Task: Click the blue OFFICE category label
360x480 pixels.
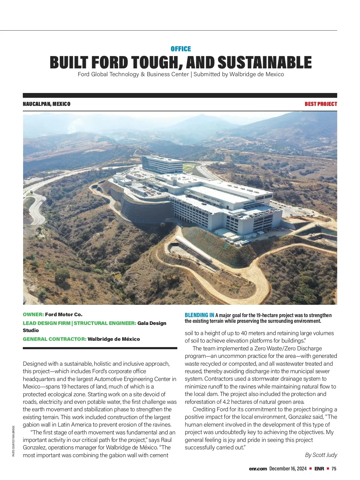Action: point(181,49)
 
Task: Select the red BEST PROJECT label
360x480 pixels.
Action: point(321,104)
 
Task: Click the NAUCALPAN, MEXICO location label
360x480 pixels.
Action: point(46,104)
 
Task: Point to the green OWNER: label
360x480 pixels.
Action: point(33,314)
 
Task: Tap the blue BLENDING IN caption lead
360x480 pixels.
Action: point(199,315)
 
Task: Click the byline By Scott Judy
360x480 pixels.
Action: point(321,455)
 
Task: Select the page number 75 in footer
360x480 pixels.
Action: point(334,469)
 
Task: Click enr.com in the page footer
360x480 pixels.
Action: point(258,469)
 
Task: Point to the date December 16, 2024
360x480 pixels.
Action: point(288,469)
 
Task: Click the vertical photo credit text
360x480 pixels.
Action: point(13,441)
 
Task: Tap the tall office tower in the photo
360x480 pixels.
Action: point(162,164)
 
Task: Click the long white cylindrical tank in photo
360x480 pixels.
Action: point(194,249)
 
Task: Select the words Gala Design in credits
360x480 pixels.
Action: point(152,323)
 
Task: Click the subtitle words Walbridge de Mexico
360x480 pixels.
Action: point(256,74)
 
